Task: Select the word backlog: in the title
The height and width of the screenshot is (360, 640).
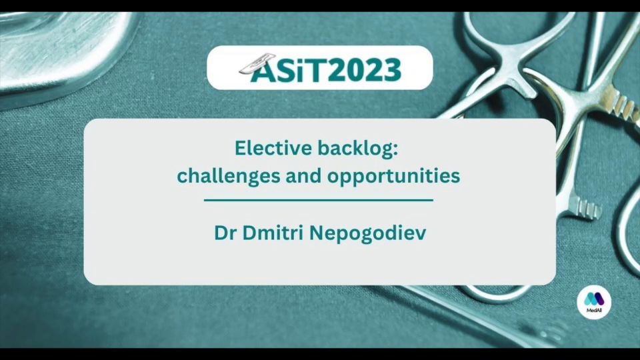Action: coord(358,149)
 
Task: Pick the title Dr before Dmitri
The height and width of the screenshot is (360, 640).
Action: coord(225,233)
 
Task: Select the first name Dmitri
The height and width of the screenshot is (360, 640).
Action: coord(273,233)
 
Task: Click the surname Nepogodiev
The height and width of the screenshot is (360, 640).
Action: coord(368,234)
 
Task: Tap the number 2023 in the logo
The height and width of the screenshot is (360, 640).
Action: coord(365,70)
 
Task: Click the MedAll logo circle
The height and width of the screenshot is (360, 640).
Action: coord(594,302)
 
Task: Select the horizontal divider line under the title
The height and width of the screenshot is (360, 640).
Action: coord(319,201)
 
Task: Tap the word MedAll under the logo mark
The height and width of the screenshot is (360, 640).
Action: coord(594,311)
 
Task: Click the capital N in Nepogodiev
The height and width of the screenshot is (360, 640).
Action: coord(317,233)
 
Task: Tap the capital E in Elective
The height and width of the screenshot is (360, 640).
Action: coord(239,148)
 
